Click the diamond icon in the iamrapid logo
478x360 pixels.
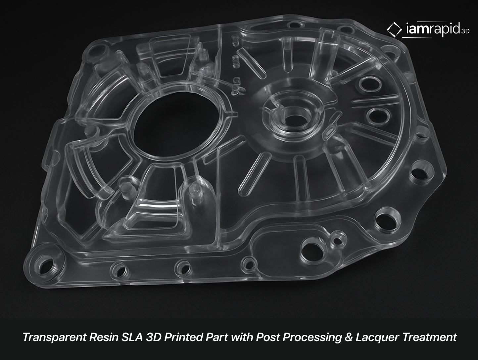click(394, 29)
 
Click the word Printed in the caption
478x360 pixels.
click(183, 337)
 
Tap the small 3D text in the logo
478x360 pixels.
click(465, 31)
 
